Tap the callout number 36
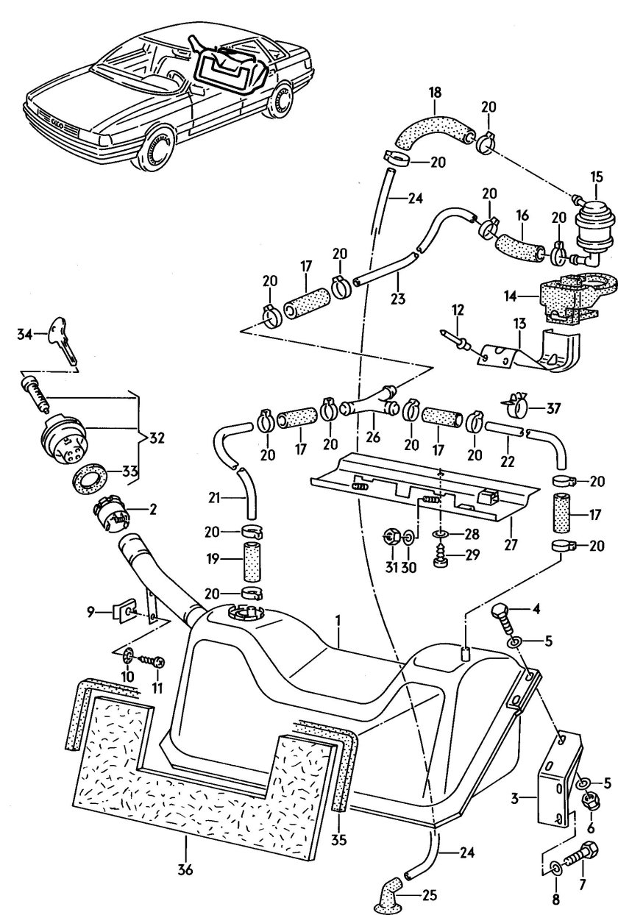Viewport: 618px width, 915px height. click(x=185, y=869)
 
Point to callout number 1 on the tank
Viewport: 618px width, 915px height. click(x=338, y=621)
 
